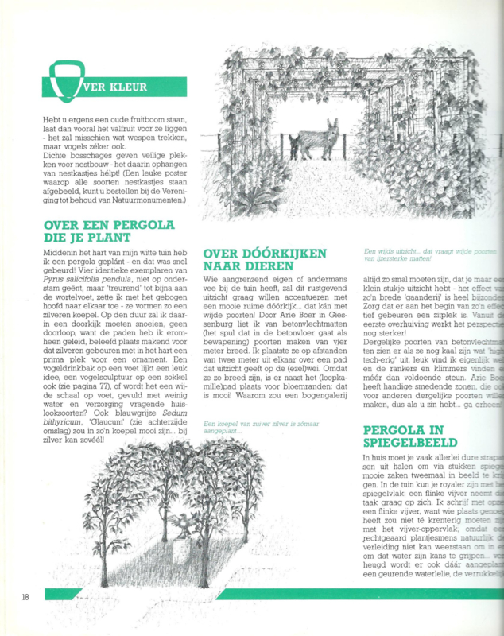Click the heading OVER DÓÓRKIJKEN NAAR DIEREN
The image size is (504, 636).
[x=265, y=259]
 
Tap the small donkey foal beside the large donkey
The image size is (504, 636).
[x=295, y=145]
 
